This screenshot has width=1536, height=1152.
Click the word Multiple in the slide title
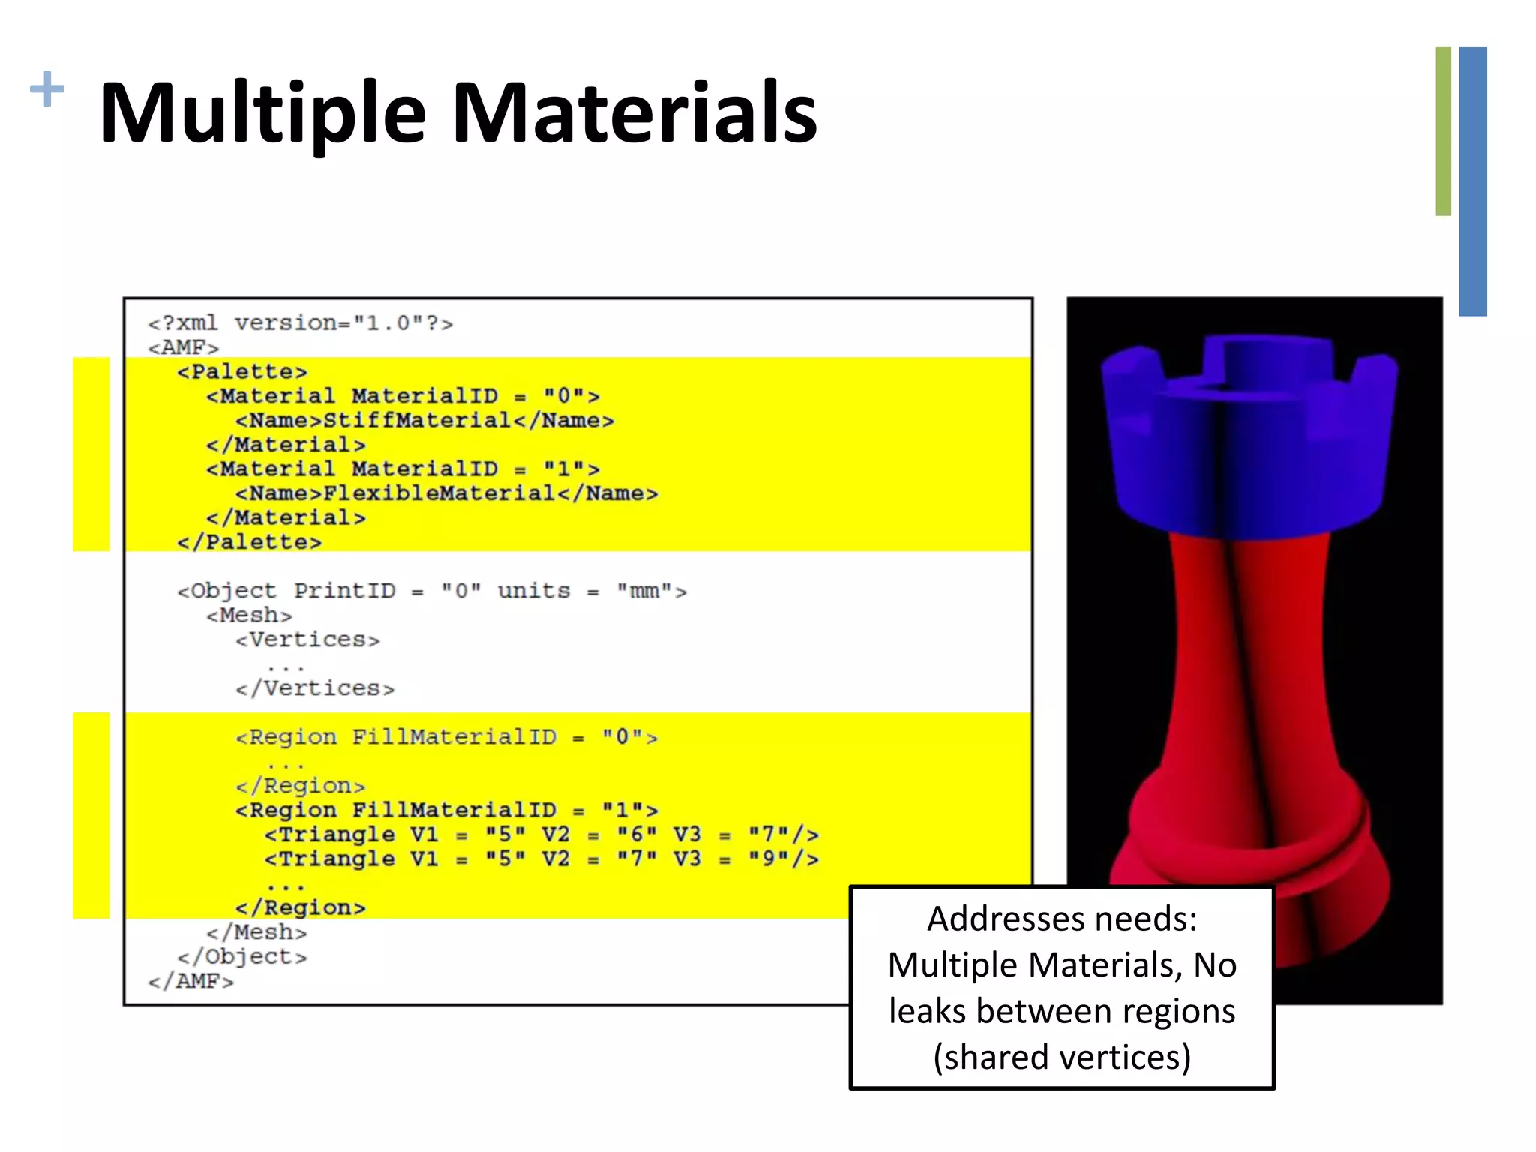tap(262, 114)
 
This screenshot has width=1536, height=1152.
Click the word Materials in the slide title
tap(634, 114)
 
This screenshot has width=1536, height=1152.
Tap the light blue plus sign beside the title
tap(46, 89)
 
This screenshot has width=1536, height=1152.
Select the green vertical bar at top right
tap(1443, 131)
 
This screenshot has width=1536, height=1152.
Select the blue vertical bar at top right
tap(1473, 180)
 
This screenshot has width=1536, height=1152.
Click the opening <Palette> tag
tap(241, 371)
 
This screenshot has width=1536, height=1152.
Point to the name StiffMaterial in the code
tap(417, 420)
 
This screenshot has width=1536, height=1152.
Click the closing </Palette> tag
tap(249, 542)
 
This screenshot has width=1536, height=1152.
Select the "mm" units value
tap(644, 591)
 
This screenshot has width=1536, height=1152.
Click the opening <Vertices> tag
tap(307, 640)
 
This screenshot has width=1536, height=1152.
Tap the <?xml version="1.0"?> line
tap(300, 323)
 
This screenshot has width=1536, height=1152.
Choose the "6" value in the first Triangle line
tap(636, 835)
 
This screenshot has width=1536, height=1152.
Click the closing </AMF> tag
tap(190, 981)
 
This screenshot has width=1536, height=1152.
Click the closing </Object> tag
tap(241, 957)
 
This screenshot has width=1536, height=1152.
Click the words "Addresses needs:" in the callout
tap(1062, 919)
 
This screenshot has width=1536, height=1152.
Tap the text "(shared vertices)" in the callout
tap(1062, 1057)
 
